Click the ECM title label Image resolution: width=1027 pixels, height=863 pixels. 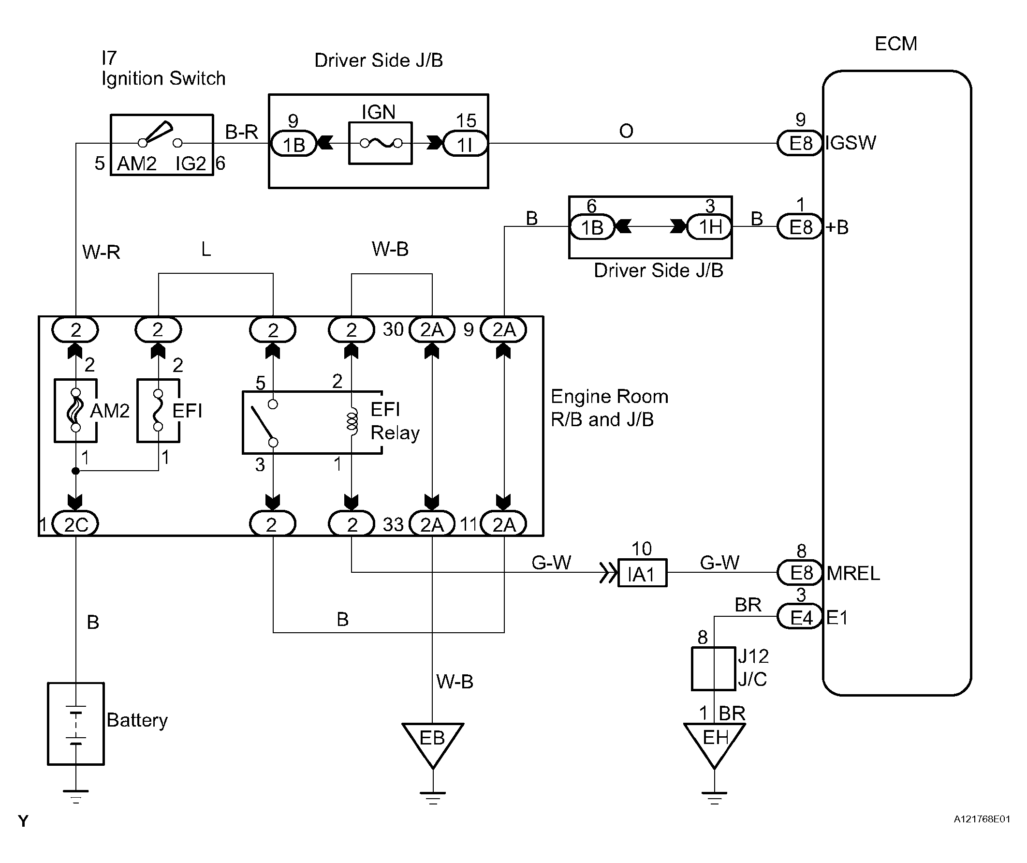[x=895, y=44]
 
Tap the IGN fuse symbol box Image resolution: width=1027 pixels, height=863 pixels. [x=381, y=143]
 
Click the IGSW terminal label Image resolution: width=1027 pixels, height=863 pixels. [x=851, y=143]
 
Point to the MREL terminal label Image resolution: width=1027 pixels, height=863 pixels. [x=853, y=573]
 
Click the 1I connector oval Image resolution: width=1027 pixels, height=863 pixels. [x=465, y=144]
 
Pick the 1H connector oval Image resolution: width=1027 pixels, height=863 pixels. [x=710, y=226]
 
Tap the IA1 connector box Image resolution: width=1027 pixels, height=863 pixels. [x=642, y=573]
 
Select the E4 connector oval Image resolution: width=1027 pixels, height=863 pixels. [x=800, y=617]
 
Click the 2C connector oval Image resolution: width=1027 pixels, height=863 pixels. [x=75, y=524]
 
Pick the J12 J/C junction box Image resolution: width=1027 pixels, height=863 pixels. [x=714, y=669]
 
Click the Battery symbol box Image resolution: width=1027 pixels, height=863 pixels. [x=76, y=724]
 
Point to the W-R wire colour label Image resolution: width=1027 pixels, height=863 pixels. [x=101, y=252]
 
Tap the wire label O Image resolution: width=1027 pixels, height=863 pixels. [x=626, y=131]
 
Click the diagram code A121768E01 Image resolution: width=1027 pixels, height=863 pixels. [x=982, y=819]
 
